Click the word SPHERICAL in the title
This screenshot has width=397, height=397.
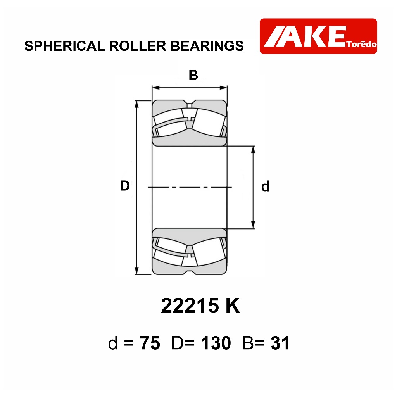(x=65, y=46)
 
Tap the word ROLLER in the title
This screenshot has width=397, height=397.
(x=138, y=46)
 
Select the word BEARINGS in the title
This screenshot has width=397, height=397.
(x=207, y=46)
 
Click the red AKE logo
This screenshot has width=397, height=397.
(x=318, y=36)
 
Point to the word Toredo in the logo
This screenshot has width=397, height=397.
(x=362, y=44)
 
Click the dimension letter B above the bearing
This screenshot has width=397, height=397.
(x=193, y=75)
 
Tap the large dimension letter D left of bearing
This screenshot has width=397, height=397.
(x=125, y=186)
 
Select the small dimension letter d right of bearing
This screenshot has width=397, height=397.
(x=265, y=186)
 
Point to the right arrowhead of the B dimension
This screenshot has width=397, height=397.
(x=223, y=88)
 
